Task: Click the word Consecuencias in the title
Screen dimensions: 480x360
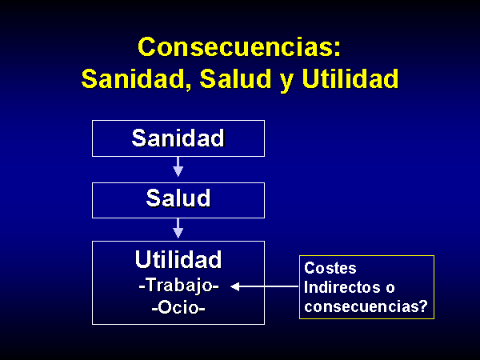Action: (x=235, y=47)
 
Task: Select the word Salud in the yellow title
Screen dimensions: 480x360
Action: (x=235, y=78)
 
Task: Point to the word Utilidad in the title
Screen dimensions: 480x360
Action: (x=350, y=78)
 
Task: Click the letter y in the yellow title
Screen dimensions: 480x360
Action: (x=286, y=82)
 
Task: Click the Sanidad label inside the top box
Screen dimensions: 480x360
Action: (x=178, y=138)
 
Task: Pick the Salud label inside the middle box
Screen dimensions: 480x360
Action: (x=178, y=198)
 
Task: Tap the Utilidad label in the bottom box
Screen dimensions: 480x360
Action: (x=178, y=259)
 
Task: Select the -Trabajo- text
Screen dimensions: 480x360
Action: (x=178, y=286)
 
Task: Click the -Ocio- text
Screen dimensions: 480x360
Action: (x=178, y=307)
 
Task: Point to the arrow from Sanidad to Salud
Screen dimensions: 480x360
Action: (x=178, y=167)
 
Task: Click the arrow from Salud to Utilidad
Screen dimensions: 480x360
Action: (x=178, y=228)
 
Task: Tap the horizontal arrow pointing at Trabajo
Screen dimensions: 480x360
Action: (x=265, y=286)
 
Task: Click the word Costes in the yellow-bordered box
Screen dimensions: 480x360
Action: (x=330, y=268)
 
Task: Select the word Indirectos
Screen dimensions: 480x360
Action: (x=342, y=287)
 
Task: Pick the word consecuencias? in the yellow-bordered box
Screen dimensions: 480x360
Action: (x=366, y=306)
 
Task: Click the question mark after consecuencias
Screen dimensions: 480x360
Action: (x=423, y=306)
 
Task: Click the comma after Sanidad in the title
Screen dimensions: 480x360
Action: (x=187, y=86)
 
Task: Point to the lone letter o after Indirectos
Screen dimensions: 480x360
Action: (x=390, y=289)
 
